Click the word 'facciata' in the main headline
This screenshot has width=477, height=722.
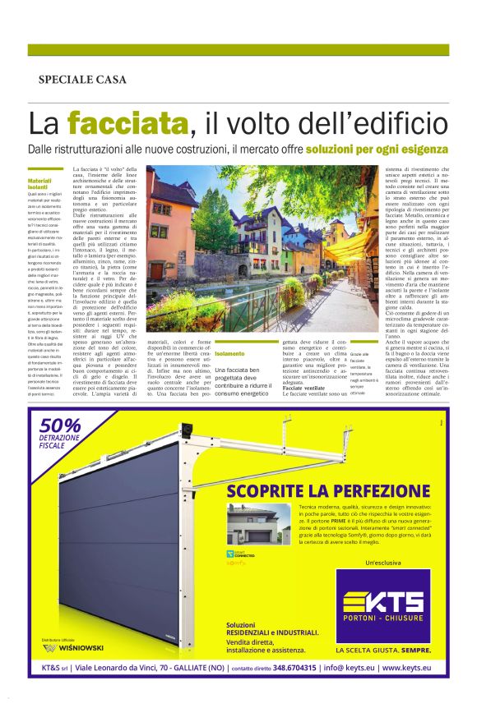click(128, 123)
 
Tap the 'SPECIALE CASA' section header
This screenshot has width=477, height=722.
click(82, 80)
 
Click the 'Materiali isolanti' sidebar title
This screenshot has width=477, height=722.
click(39, 184)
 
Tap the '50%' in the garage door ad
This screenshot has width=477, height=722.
click(59, 426)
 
